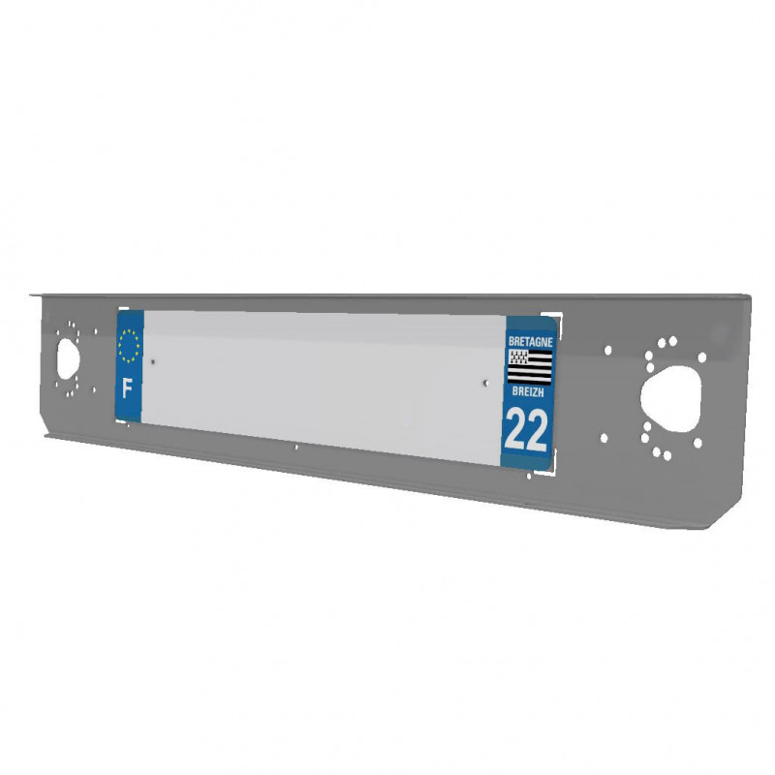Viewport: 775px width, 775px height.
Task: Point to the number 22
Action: point(526,430)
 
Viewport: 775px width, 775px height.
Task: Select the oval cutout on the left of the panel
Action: point(68,359)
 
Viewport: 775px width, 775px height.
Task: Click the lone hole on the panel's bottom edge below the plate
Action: point(295,448)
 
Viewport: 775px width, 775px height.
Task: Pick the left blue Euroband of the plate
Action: point(129,365)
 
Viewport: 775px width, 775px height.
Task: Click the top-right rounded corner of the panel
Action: point(746,298)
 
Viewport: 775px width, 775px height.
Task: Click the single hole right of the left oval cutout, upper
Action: point(95,331)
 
